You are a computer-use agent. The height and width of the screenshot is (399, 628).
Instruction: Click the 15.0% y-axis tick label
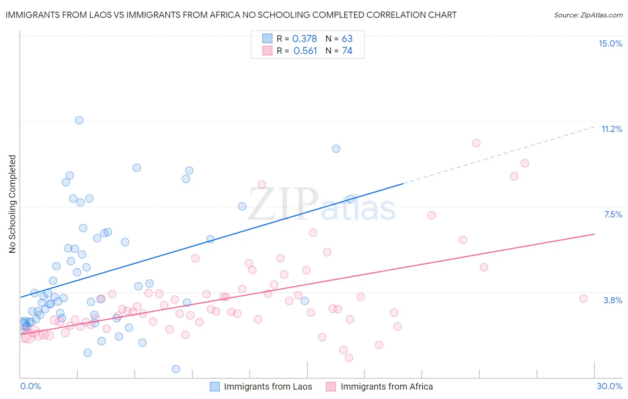click(x=610, y=43)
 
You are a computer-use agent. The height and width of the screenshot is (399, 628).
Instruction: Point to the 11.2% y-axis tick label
click(x=611, y=129)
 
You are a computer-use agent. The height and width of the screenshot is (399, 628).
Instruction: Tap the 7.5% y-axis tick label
click(x=613, y=214)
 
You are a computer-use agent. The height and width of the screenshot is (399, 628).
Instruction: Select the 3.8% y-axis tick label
click(x=613, y=300)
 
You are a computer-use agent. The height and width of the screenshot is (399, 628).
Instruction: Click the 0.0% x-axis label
click(x=30, y=386)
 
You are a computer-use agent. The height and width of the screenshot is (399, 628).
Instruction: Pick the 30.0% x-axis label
click(x=609, y=386)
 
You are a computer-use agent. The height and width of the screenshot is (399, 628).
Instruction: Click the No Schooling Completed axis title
click(x=13, y=204)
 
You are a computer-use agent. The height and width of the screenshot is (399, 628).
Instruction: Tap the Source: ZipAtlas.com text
click(x=588, y=15)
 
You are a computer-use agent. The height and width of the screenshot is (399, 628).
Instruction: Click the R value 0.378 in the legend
click(x=305, y=39)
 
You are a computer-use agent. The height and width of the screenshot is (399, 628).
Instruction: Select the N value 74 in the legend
click(x=347, y=51)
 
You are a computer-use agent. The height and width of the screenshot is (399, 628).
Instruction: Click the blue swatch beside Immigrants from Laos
click(x=215, y=386)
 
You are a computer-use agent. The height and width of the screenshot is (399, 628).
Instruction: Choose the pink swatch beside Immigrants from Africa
click(x=331, y=386)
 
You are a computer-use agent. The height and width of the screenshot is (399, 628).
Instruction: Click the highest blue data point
click(x=79, y=120)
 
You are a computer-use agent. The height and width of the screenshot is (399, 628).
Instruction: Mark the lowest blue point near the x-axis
click(x=176, y=369)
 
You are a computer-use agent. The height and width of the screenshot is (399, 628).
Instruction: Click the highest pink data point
click(x=476, y=143)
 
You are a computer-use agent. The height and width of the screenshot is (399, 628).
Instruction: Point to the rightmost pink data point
click(x=583, y=298)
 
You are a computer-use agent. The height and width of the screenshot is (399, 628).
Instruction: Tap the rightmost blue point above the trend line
click(x=336, y=149)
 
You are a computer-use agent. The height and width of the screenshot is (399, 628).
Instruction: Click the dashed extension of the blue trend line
click(x=500, y=155)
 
